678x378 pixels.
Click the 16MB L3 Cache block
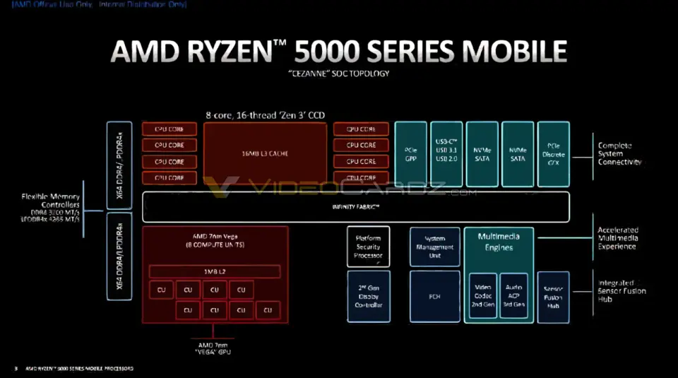(266, 153)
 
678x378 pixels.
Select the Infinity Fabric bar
(356, 206)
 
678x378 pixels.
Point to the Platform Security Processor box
(368, 247)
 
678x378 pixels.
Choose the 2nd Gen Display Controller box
(368, 297)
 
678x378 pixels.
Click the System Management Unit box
(434, 247)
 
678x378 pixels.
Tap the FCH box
(434, 297)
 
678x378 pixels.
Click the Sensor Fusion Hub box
(553, 297)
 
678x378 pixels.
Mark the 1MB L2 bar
(215, 272)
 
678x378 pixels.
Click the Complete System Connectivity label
(619, 153)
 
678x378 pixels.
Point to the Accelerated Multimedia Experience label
(618, 238)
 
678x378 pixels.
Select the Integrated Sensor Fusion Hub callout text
(621, 290)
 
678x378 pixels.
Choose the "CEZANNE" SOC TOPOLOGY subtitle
(338, 73)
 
